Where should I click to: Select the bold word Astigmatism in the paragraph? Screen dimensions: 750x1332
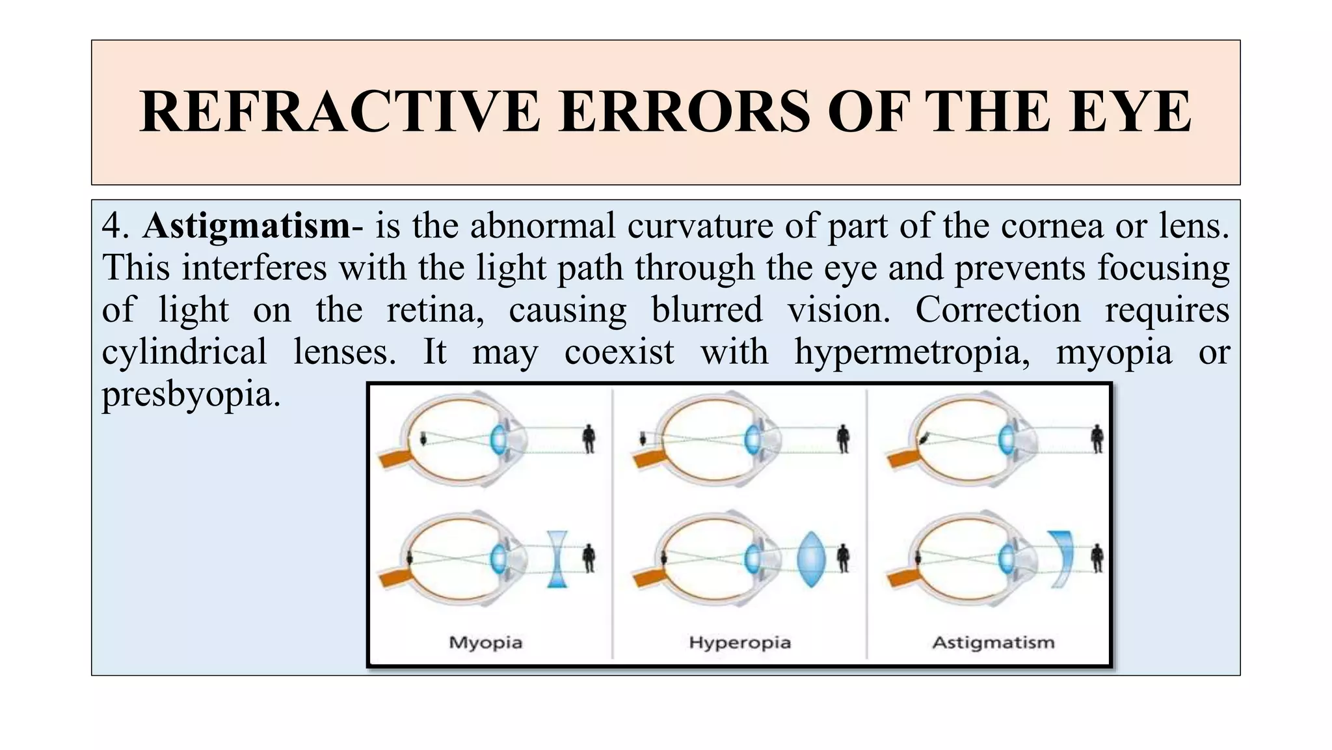(246, 226)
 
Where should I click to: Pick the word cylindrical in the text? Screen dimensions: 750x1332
(185, 352)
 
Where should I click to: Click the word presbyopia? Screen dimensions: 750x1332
(191, 395)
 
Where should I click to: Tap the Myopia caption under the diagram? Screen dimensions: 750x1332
(486, 643)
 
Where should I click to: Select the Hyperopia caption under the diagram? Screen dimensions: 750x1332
(739, 643)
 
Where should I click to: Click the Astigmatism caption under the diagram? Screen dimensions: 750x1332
(993, 643)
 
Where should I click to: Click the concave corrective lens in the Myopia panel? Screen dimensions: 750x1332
(557, 559)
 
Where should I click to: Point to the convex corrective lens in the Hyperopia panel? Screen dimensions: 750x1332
(812, 559)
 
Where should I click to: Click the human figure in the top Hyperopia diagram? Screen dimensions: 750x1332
(843, 439)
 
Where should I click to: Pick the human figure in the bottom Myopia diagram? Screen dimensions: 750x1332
(589, 559)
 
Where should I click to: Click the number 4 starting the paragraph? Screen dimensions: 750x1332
(113, 226)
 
